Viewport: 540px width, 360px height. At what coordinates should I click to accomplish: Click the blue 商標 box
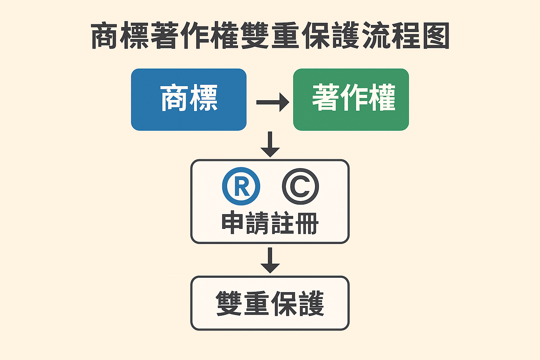point(188,99)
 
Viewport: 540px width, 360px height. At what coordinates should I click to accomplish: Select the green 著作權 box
point(351,99)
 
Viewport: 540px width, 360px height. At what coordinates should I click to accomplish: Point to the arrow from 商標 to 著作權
point(272,102)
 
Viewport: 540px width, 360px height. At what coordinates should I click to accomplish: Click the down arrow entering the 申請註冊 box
point(270,144)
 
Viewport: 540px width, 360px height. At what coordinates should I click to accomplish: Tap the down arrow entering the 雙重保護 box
point(270,261)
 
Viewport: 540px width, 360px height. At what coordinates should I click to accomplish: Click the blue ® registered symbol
point(241,186)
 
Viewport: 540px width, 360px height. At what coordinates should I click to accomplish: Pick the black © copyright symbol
point(300,186)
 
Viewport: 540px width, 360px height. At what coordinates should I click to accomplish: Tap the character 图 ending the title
point(436,36)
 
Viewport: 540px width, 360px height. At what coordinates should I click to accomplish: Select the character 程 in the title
point(406,36)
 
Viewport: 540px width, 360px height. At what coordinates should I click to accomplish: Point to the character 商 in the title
point(105,36)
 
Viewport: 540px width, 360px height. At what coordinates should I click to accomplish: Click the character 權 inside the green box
point(381,97)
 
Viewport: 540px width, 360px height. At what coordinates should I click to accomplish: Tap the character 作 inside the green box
point(354,97)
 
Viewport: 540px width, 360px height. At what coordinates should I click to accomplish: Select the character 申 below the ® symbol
point(233,223)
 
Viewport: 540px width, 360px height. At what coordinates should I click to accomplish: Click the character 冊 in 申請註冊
point(307,223)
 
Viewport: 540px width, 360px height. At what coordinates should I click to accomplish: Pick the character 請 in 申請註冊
point(257,223)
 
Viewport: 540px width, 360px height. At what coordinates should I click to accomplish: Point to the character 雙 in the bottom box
point(229,303)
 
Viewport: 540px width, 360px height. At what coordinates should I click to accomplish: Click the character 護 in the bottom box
point(311,303)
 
